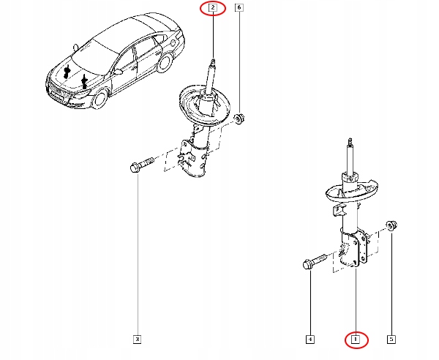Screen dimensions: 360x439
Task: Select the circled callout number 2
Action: [x=212, y=9]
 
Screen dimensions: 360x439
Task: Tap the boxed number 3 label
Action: [x=136, y=339]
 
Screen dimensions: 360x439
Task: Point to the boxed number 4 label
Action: [x=310, y=339]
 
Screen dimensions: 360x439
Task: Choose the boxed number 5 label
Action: [x=391, y=339]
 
